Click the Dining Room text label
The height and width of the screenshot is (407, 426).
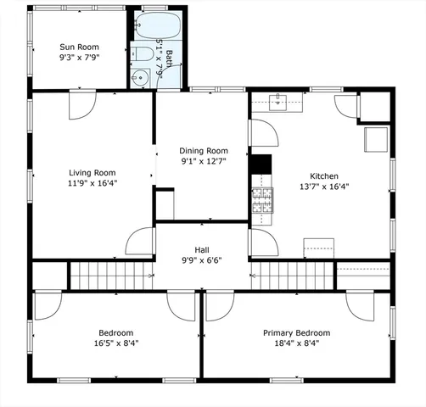pyautogui.click(x=201, y=149)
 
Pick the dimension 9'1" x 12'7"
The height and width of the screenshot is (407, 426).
pyautogui.click(x=201, y=160)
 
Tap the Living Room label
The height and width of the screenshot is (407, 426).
pyautogui.click(x=92, y=171)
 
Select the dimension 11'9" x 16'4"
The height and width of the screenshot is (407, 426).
pyautogui.click(x=92, y=182)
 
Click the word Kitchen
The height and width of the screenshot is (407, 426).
pyautogui.click(x=324, y=176)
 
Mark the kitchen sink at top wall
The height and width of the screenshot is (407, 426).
pyautogui.click(x=284, y=103)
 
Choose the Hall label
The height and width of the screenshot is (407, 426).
pyautogui.click(x=202, y=249)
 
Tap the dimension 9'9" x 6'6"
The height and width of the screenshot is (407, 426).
pyautogui.click(x=202, y=261)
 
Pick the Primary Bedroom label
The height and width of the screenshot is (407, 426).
pyautogui.click(x=296, y=333)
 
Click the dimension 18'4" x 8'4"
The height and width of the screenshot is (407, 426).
pyautogui.click(x=296, y=344)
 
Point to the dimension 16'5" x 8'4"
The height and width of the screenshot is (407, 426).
pyautogui.click(x=116, y=344)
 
